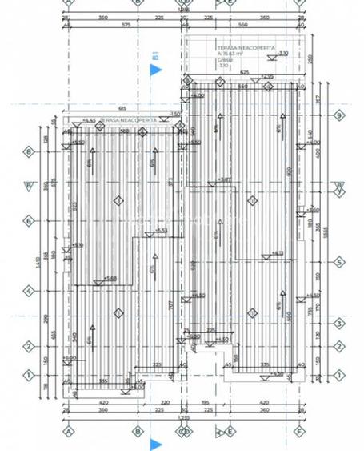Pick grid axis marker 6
[x=28, y=221]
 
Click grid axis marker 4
[x=28, y=292]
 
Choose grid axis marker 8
[x=28, y=151]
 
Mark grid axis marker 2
[x=28, y=347]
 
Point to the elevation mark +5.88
[x=111, y=279]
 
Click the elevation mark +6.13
[x=277, y=253]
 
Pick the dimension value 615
[x=122, y=107]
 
